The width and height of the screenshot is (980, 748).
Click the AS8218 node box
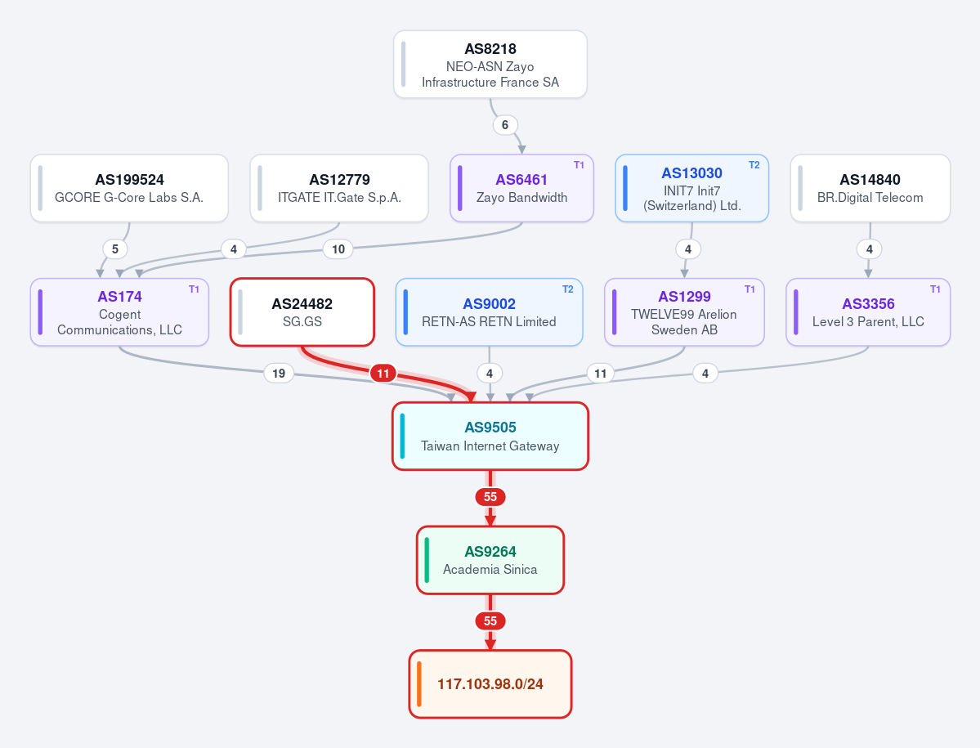tap(490, 65)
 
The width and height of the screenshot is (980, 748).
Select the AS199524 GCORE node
tap(129, 188)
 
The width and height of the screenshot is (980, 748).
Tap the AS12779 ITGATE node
tap(339, 188)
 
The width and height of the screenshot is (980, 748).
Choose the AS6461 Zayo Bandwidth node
tap(521, 188)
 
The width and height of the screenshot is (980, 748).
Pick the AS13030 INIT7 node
tap(691, 188)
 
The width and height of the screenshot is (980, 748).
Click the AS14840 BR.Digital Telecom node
tap(870, 188)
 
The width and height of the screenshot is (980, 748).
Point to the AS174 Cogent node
tap(119, 311)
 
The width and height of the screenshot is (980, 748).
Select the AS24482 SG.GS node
tap(302, 311)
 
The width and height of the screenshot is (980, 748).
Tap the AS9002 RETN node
tap(490, 311)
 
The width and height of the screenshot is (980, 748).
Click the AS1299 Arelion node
tap(684, 311)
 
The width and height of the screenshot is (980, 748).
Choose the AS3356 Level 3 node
tap(868, 311)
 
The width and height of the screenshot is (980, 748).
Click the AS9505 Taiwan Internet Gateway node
tap(490, 437)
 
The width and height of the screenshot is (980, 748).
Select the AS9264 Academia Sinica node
tap(490, 560)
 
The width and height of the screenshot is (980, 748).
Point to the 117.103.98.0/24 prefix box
tap(490, 684)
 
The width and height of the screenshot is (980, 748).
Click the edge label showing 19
tap(279, 373)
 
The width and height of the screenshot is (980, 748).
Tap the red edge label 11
tap(383, 374)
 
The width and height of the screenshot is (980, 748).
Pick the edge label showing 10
tap(338, 249)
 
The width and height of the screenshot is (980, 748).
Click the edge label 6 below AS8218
tap(505, 125)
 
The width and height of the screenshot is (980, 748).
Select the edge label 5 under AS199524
tap(115, 249)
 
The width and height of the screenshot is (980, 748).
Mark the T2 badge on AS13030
tap(754, 165)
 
